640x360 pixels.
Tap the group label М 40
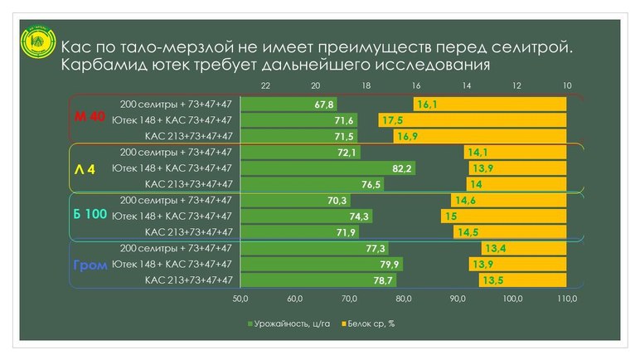coord(86,119)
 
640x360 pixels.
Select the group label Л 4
coord(85,168)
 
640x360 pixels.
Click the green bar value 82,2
coord(402,168)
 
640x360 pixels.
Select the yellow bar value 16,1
coord(428,105)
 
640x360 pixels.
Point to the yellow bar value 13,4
coord(495,249)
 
